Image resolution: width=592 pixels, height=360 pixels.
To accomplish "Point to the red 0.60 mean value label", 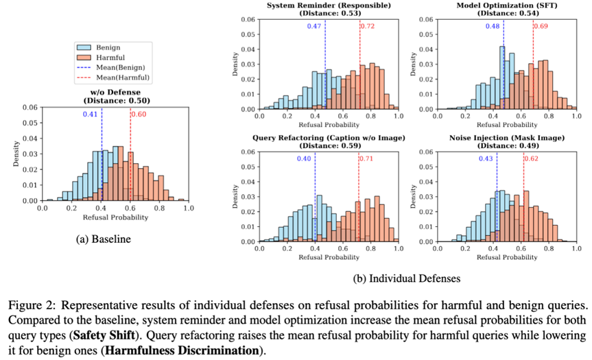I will coord(140,114).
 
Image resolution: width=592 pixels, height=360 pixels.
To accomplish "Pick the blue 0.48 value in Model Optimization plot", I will coord(493,25).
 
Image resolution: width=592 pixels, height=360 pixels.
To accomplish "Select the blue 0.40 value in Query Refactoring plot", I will coord(303,159).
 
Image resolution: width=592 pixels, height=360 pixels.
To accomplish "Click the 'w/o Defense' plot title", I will coord(112,93).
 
